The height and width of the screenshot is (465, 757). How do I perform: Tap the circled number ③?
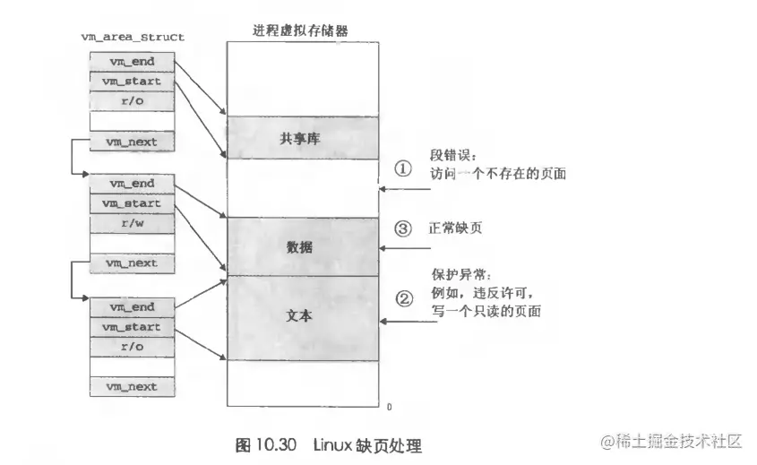pos(403,228)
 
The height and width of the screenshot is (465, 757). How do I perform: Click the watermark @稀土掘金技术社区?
pos(672,441)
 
